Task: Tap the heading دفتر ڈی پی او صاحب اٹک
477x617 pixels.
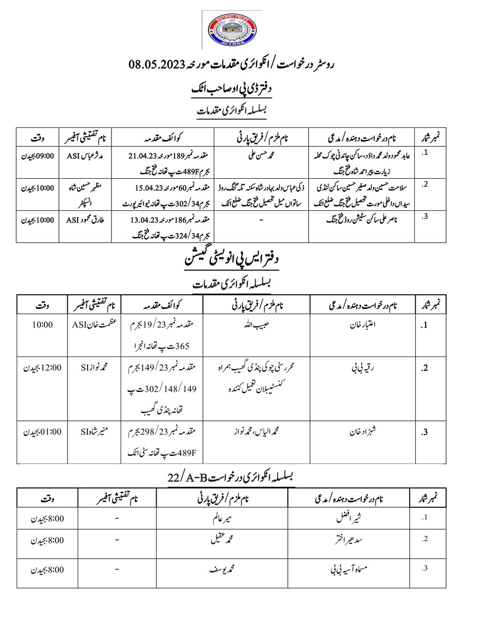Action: point(238,89)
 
